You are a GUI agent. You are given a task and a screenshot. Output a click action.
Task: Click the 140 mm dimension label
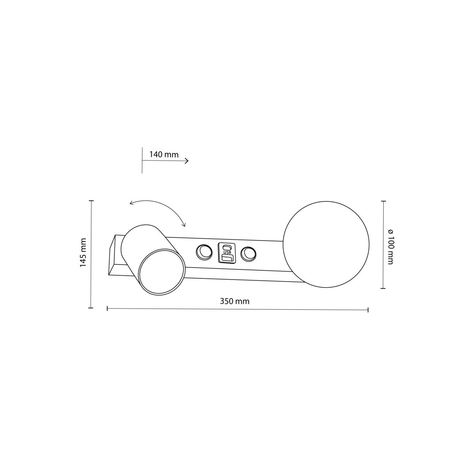click(164, 155)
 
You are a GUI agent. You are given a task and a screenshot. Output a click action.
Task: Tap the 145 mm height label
click(82, 253)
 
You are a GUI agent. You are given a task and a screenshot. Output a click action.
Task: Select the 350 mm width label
click(235, 301)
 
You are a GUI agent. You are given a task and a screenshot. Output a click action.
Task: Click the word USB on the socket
click(227, 252)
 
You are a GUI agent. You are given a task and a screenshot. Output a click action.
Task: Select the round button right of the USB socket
click(248, 254)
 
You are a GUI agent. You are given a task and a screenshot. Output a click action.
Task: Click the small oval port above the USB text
click(227, 247)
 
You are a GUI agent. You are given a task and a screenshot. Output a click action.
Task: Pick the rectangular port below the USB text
click(227, 258)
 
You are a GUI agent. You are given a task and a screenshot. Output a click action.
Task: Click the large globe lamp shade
click(326, 244)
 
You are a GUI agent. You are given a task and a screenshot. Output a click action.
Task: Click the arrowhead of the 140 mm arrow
click(187, 161)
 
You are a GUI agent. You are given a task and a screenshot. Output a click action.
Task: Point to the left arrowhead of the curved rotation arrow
click(131, 203)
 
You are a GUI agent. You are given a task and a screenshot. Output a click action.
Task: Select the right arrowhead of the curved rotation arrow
click(184, 225)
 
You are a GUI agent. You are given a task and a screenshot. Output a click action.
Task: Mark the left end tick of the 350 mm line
click(107, 308)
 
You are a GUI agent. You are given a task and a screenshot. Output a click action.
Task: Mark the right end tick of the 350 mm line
click(368, 310)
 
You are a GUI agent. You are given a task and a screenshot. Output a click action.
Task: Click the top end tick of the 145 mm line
click(91, 201)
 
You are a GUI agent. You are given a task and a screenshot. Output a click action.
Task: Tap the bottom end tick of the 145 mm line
click(91, 308)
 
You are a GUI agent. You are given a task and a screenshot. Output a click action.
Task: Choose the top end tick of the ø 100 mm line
click(383, 201)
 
